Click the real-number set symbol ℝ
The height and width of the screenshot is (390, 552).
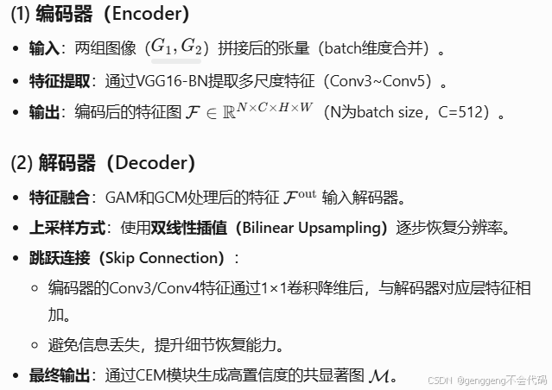point(229,113)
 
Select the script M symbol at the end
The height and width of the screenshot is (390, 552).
point(378,376)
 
